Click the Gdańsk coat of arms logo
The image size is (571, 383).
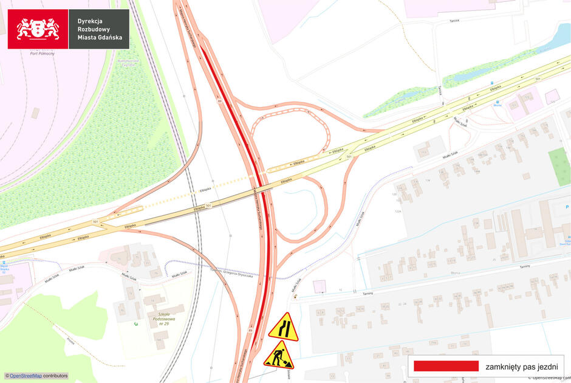(x=38, y=29)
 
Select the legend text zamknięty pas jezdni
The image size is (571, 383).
(x=521, y=367)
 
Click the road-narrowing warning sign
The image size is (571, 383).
(x=284, y=326)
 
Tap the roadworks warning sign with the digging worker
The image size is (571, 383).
(x=279, y=356)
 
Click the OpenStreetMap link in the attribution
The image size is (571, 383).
(x=25, y=376)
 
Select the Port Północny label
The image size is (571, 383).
(x=43, y=53)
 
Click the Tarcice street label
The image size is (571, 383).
(x=454, y=21)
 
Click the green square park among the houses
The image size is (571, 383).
(x=559, y=167)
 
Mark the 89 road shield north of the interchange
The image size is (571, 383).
(x=219, y=102)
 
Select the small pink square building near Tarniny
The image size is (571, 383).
(x=319, y=286)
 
